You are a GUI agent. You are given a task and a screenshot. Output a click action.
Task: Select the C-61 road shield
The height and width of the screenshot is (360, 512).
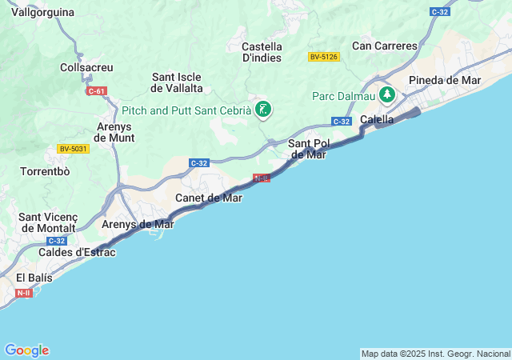click(x=97, y=91)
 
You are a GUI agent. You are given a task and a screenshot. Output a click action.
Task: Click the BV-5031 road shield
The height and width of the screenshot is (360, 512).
click(x=74, y=149)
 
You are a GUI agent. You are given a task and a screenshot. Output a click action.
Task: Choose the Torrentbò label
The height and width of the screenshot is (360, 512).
click(x=46, y=172)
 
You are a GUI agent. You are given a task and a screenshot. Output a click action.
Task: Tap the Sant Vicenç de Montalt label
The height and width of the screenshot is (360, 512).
click(x=48, y=222)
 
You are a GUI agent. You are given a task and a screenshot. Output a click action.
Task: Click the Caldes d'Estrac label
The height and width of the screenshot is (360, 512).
click(x=77, y=253)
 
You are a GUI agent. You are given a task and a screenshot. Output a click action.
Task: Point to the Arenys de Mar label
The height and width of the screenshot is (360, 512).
click(x=138, y=224)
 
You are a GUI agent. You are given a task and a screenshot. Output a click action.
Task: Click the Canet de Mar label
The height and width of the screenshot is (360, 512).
click(x=208, y=198)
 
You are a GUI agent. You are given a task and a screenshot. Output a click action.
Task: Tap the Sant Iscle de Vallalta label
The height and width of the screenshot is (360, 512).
click(x=177, y=82)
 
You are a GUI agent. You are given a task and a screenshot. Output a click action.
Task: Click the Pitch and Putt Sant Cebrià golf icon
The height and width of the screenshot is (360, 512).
click(x=262, y=110)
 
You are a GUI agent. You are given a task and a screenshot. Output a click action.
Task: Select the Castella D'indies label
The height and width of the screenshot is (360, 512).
click(x=262, y=52)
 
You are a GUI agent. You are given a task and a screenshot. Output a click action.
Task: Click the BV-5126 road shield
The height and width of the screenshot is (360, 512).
click(x=324, y=57)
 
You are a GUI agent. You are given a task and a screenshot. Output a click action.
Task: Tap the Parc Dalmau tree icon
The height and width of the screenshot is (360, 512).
click(x=387, y=95)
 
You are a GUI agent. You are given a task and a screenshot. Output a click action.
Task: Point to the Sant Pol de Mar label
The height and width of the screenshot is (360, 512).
click(x=307, y=149)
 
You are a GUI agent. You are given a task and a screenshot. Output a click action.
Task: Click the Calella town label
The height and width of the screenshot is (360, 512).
click(x=377, y=119)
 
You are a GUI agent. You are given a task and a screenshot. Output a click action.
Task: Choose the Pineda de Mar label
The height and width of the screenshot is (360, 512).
click(x=444, y=80)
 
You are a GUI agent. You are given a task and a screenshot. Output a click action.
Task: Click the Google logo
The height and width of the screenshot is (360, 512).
click(x=26, y=350)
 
